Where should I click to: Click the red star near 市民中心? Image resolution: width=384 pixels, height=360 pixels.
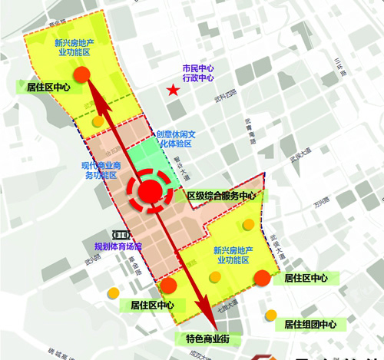(x=174, y=92)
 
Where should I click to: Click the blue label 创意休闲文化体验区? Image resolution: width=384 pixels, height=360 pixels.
(x=174, y=137)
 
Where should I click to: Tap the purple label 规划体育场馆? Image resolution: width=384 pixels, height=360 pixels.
(x=118, y=246)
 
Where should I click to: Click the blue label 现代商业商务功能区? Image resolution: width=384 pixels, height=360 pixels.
(x=98, y=170)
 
